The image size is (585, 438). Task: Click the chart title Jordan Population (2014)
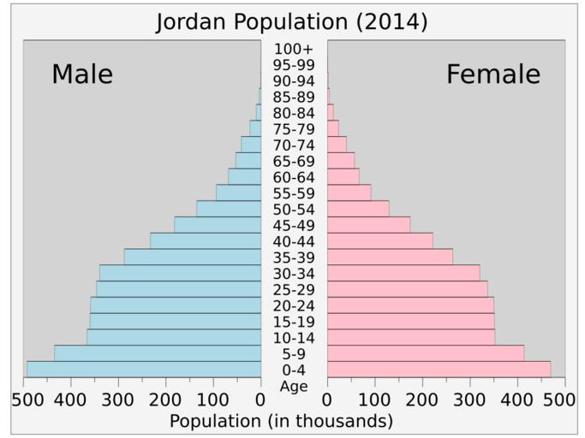292,21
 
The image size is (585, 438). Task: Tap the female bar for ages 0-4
439,369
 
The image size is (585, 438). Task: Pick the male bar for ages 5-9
158,352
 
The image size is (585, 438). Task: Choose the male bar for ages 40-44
206,241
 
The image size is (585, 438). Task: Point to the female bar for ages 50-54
358,209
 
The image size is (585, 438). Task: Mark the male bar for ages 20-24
176,305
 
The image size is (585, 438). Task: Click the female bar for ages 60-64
343,176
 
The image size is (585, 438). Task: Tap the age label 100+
294,49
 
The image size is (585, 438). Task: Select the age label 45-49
294,225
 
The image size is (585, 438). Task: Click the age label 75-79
294,129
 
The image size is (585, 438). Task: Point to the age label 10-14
294,337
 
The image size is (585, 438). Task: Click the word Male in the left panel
82,74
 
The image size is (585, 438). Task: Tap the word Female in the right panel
493,74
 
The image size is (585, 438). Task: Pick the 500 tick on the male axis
27,400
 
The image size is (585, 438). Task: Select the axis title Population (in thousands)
281,421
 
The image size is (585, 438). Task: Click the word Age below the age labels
294,386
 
